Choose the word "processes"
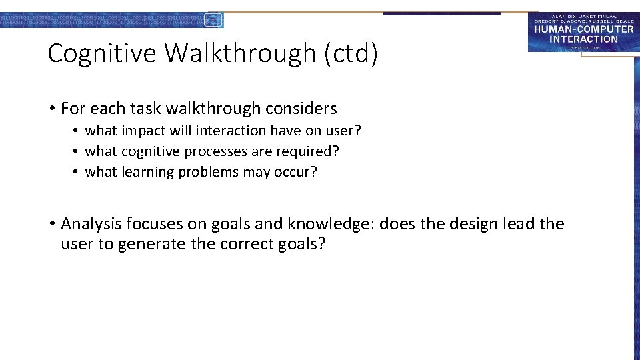click(217, 151)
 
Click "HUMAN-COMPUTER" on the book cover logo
click(583, 30)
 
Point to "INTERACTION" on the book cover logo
click(583, 39)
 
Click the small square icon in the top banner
click(213, 20)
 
